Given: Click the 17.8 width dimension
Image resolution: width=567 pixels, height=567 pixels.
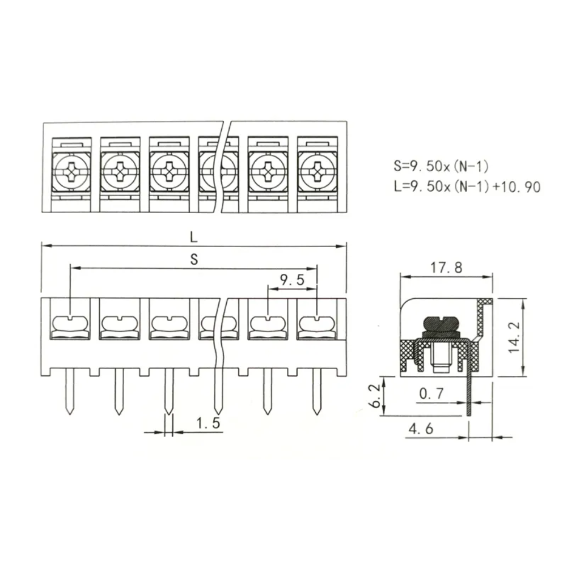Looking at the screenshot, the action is (x=446, y=268).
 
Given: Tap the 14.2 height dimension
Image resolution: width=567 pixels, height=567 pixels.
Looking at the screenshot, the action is (x=514, y=337).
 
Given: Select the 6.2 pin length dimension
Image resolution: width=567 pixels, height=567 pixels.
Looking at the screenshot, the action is (x=376, y=396).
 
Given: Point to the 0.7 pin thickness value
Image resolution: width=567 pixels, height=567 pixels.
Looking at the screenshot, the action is (x=431, y=393).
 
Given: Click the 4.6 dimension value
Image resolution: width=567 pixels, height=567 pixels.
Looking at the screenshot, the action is (x=421, y=429).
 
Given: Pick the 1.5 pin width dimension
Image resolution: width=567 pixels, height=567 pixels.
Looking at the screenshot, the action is (x=208, y=423).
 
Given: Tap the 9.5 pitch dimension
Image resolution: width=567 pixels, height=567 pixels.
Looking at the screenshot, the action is (x=292, y=280).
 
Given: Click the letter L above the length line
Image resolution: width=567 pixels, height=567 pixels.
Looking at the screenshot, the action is (x=194, y=237).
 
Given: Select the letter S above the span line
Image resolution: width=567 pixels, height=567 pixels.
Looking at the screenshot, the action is (x=194, y=259).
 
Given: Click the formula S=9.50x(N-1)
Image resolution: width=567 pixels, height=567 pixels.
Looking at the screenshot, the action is (x=441, y=166).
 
